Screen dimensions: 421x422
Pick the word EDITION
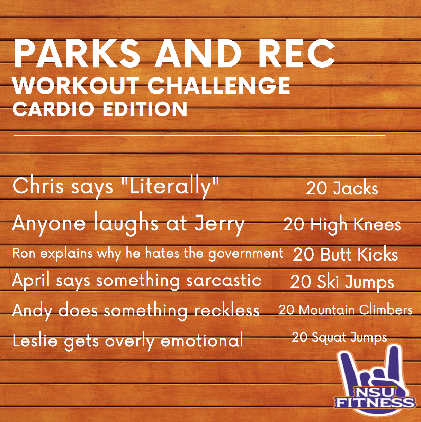(145, 109)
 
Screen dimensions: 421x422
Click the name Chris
(38, 186)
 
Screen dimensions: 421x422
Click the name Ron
(24, 253)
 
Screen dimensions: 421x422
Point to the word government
(245, 254)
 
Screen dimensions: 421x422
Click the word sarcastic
(224, 281)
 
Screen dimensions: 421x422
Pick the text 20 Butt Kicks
(345, 254)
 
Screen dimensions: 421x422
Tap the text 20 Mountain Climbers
(345, 310)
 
